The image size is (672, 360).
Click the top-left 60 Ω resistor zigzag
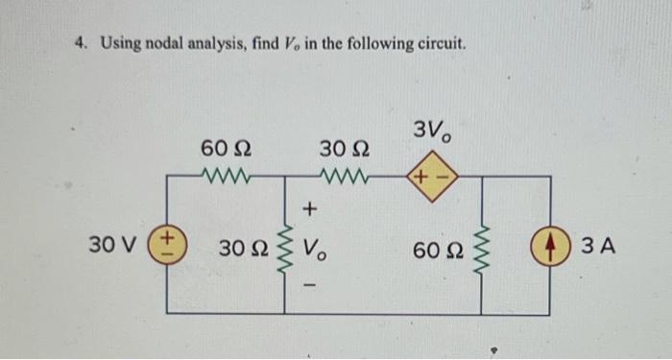pos(227,177)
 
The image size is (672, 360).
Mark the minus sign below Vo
pos(309,285)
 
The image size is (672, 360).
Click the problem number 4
pos(83,44)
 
